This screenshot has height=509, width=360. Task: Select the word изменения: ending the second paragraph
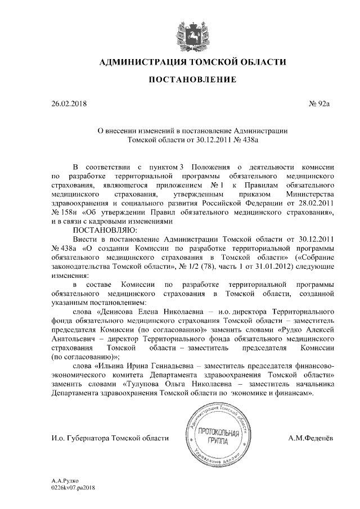click(x=70, y=274)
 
